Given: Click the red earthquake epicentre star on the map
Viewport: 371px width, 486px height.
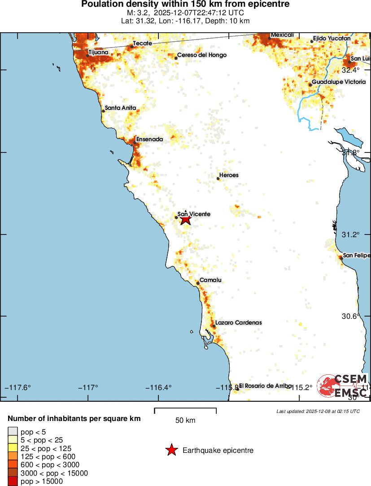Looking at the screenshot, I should point(185,219).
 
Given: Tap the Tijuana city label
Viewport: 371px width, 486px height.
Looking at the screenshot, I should point(98,52).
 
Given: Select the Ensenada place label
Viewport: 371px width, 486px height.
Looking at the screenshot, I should point(149,139).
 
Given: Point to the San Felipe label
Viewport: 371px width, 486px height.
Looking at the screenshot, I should point(356,256).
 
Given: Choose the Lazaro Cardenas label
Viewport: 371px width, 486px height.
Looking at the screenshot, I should point(238,322).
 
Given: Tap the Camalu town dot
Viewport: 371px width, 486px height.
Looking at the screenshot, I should point(198,283).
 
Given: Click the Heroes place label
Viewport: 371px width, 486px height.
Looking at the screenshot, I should point(229,175).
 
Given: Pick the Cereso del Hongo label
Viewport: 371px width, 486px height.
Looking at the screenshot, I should point(202,55).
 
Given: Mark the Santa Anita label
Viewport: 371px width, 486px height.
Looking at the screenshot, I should point(120,108).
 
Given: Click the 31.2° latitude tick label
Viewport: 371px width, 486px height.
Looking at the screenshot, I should point(351,234).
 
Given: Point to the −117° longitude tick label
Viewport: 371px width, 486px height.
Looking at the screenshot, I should point(88,387).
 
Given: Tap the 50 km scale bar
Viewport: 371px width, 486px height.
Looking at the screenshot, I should point(185,411).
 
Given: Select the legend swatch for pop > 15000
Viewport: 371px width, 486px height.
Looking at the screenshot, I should point(12,482).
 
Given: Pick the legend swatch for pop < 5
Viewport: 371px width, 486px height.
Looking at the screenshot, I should point(12,432).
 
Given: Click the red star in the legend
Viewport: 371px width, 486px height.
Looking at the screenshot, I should point(171,451).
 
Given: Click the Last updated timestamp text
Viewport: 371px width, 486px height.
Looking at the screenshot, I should point(318,411).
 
